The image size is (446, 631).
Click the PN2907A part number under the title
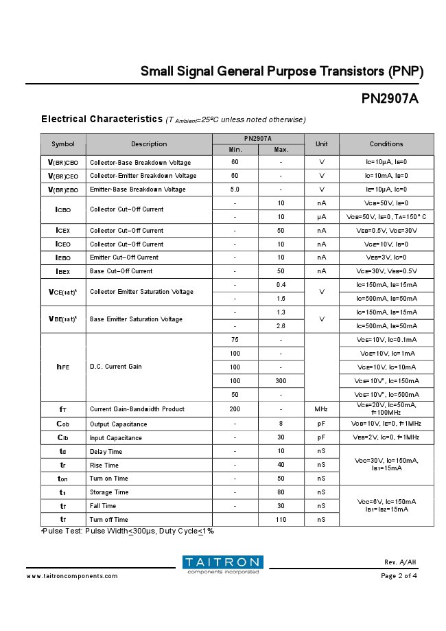tap(389, 98)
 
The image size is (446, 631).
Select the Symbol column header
tap(62, 144)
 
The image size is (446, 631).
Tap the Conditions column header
tap(386, 144)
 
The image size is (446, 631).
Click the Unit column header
tap(321, 144)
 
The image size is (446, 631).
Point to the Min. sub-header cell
tap(235, 150)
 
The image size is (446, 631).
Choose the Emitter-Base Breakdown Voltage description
tap(137, 190)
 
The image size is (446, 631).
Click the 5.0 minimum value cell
tap(235, 190)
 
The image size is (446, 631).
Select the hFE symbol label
tap(62, 367)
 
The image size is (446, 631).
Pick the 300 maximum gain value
tap(281, 381)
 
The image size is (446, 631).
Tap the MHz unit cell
tap(321, 409)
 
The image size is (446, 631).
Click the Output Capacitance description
tap(118, 424)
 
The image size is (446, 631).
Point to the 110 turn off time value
tap(281, 520)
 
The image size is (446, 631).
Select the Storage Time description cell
tap(109, 492)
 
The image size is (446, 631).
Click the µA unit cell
tap(321, 217)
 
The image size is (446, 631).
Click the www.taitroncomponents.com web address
tap(72, 576)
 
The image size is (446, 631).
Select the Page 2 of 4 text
tap(399, 576)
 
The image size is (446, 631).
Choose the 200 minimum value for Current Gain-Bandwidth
tap(235, 409)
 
